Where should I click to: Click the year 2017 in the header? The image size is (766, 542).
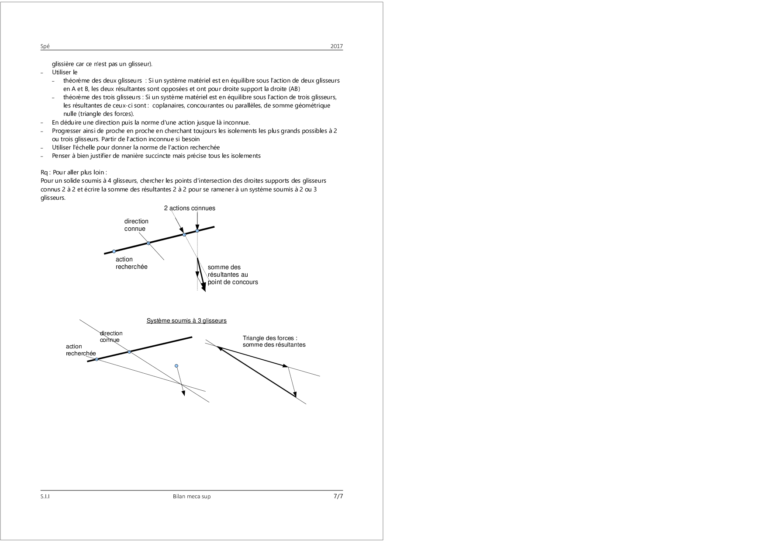(x=337, y=46)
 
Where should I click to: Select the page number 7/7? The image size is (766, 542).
(x=338, y=496)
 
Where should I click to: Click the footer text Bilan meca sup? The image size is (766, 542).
(x=192, y=497)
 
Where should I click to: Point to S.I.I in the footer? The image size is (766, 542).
(x=45, y=497)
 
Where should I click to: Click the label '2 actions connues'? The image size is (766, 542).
(x=190, y=208)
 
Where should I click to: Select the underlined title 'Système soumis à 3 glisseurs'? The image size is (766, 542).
(x=186, y=321)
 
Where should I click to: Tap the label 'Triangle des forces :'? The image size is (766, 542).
(x=270, y=338)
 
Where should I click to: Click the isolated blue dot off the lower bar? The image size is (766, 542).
(x=176, y=366)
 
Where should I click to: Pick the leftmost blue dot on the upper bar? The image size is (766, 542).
(x=114, y=251)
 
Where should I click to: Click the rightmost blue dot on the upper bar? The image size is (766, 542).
(x=197, y=231)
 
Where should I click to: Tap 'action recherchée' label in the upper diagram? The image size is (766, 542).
(x=131, y=263)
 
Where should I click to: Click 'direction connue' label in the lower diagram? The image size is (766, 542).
(x=111, y=337)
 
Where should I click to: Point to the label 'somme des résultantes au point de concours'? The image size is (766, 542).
(x=233, y=275)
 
